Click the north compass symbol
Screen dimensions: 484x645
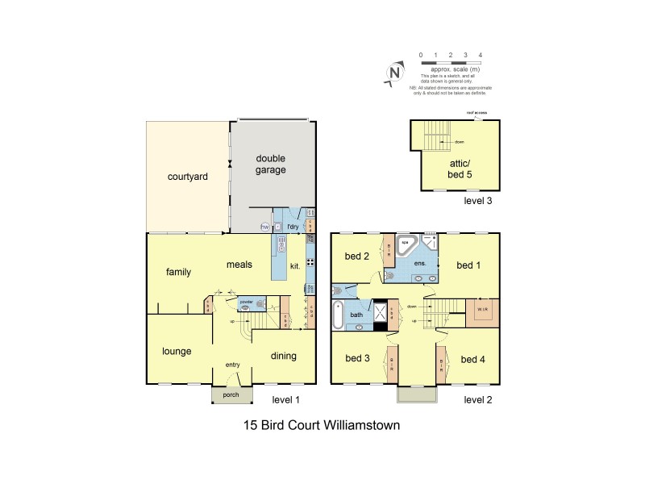coord(394,73)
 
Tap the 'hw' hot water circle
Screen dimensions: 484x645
coord(264,227)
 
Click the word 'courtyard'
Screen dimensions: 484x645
coord(188,177)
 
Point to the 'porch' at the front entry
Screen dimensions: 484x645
coord(231,394)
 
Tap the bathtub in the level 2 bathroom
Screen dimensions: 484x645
coord(339,315)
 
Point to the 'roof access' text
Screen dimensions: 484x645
coord(476,114)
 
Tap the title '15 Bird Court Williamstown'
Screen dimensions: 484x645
coord(322,424)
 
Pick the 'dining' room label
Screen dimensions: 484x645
coord(282,356)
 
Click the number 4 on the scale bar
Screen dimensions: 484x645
coord(481,55)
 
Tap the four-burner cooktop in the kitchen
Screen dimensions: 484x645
coord(309,262)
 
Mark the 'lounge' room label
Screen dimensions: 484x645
coord(176,351)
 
